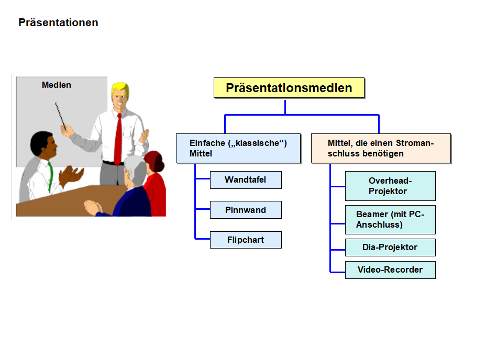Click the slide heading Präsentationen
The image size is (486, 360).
click(x=58, y=22)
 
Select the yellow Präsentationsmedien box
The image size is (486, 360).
click(x=289, y=88)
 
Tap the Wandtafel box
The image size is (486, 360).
click(x=245, y=180)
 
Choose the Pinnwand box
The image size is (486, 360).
click(x=245, y=210)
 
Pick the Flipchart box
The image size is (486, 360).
click(x=245, y=240)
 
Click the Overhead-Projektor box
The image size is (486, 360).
click(x=390, y=186)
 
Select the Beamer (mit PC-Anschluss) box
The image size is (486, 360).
click(x=390, y=219)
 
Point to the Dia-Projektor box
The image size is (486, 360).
click(x=390, y=247)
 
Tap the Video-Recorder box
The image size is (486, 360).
click(x=390, y=270)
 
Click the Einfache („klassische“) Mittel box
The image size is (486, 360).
click(x=238, y=148)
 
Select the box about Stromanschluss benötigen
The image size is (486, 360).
click(x=381, y=148)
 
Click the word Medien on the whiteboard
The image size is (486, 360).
click(x=57, y=85)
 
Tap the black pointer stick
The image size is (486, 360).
click(x=60, y=116)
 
